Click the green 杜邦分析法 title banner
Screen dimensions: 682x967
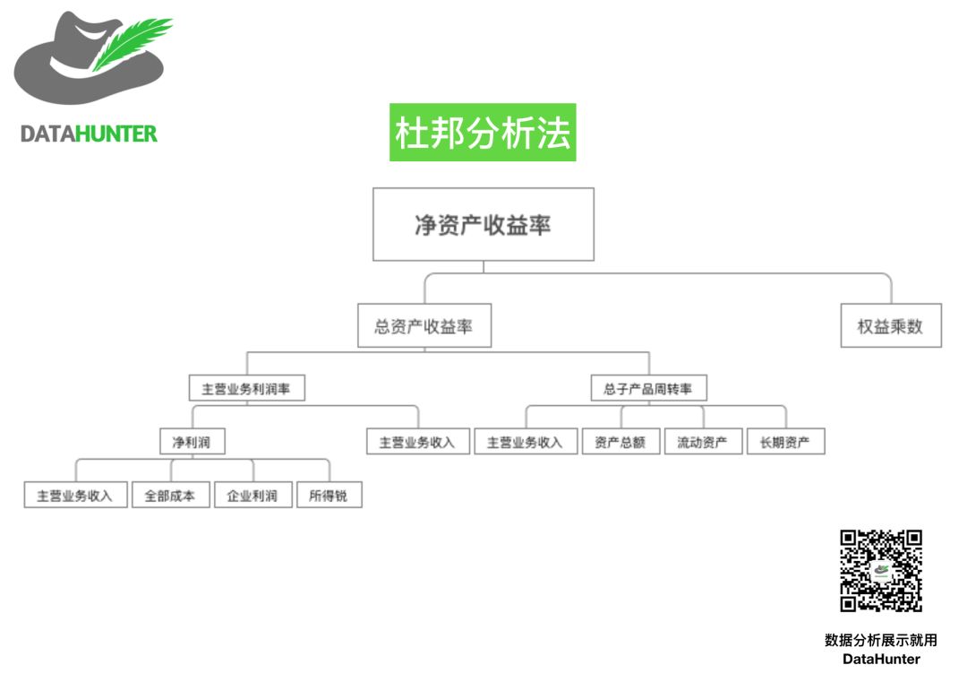(483, 133)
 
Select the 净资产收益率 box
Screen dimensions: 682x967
(483, 224)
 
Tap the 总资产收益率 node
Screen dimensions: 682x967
(424, 327)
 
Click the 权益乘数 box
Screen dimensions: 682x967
(890, 327)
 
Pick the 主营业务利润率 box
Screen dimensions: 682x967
(247, 389)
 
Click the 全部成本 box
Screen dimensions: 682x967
(170, 495)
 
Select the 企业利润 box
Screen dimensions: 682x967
(252, 495)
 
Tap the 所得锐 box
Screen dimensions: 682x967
(329, 495)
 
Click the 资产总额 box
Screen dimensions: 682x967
(620, 442)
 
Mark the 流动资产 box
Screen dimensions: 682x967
(703, 442)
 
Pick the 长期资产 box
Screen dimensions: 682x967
(785, 442)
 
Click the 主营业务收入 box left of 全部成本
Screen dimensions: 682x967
(75, 495)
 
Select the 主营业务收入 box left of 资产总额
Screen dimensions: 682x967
(525, 442)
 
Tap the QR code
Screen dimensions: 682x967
(881, 571)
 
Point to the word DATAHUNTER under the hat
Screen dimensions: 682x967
(89, 134)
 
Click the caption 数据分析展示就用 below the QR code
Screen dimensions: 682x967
(881, 640)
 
